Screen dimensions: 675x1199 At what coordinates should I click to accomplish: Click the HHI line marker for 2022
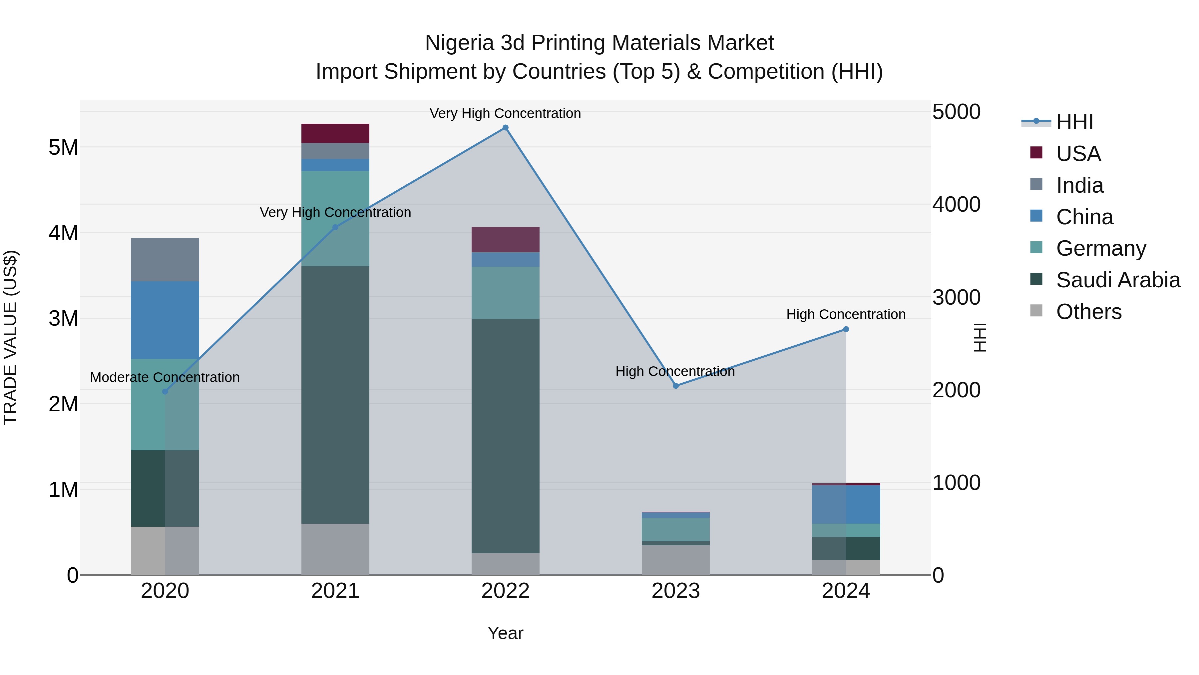click(x=506, y=128)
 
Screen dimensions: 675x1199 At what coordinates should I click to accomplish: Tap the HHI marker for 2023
click(x=676, y=386)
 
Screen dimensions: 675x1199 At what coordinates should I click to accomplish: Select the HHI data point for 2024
click(x=846, y=329)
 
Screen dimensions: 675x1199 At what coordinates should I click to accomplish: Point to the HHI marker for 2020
click(x=165, y=392)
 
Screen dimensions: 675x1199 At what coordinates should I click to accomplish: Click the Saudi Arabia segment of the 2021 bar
click(x=335, y=395)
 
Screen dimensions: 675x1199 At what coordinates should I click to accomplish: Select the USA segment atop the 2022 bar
click(x=506, y=239)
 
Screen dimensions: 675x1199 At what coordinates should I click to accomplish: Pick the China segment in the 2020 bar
click(x=165, y=320)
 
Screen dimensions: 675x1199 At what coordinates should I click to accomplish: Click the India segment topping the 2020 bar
click(x=165, y=259)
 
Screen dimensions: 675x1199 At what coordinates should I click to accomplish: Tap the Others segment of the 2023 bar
click(x=676, y=560)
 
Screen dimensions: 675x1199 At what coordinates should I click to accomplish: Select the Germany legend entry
click(x=1101, y=248)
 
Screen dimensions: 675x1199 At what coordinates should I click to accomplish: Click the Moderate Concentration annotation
click(x=165, y=377)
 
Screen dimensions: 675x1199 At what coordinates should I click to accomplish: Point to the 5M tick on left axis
click(x=63, y=148)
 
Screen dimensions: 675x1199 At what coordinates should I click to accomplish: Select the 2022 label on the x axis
click(x=506, y=591)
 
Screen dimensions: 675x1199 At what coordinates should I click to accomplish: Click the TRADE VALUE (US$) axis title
click(x=11, y=338)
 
